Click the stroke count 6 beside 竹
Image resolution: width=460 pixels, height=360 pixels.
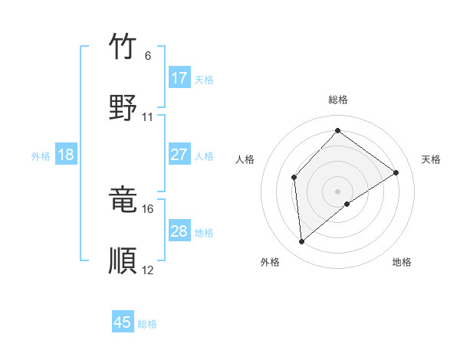(x=148, y=56)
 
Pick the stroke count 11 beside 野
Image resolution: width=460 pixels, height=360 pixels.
(x=148, y=117)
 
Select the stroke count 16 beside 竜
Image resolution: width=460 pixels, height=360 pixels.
(x=148, y=208)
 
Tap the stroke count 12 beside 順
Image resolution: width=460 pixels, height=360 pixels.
(x=148, y=270)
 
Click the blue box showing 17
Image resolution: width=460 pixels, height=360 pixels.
(x=179, y=78)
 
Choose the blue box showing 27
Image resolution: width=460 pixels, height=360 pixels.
(x=179, y=155)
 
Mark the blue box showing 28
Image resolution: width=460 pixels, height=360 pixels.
(x=179, y=231)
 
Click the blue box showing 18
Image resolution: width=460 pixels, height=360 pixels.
(x=66, y=155)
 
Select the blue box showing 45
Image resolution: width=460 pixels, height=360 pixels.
(x=123, y=322)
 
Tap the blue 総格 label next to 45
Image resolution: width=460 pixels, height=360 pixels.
(x=147, y=324)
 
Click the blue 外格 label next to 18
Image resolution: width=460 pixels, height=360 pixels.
(x=41, y=156)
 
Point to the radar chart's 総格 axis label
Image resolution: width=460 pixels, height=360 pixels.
(x=337, y=100)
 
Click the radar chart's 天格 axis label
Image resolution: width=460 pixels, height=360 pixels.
(x=431, y=159)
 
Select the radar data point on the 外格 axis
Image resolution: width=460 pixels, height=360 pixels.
(x=302, y=242)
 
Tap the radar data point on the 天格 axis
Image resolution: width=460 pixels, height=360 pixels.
(x=396, y=172)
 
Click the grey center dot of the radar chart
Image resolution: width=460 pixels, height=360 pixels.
(x=337, y=191)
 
